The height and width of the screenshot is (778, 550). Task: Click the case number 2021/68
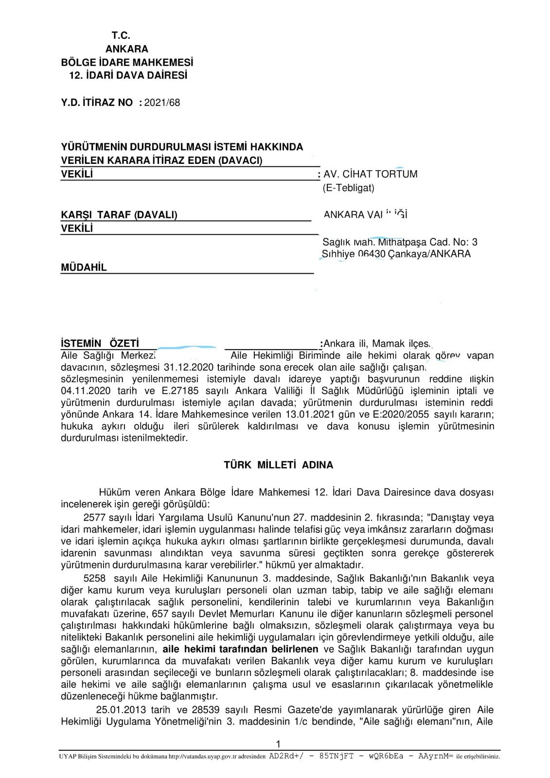[162, 103]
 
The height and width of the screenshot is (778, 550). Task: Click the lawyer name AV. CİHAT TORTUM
[371, 174]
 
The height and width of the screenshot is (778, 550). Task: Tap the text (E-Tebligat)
[349, 188]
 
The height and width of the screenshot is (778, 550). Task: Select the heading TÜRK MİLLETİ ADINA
[278, 465]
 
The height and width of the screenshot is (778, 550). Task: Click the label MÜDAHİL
[84, 267]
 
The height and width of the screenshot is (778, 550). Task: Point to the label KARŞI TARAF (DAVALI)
[119, 215]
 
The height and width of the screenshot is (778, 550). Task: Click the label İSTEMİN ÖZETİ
[100, 344]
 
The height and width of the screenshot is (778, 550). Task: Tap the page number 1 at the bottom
[278, 743]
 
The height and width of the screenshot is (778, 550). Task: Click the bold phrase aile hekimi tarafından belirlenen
[240, 649]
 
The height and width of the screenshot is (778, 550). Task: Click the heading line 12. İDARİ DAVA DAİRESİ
[128, 75]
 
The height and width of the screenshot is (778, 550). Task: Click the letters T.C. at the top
[121, 35]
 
